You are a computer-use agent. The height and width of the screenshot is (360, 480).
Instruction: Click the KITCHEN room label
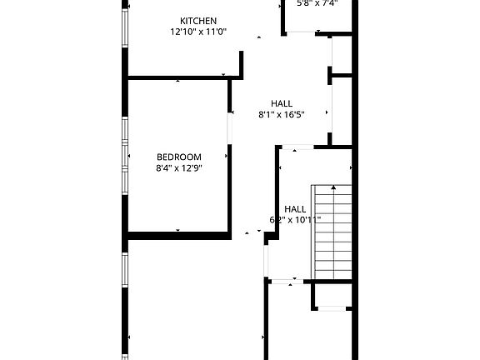(198, 21)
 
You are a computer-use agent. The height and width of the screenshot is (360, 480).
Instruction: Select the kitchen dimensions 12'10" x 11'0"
(198, 32)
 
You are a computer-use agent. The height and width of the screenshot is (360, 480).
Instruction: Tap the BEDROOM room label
(179, 157)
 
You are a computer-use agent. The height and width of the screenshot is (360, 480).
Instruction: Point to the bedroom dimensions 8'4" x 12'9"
(179, 167)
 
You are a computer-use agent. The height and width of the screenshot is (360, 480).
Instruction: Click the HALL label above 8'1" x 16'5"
(281, 103)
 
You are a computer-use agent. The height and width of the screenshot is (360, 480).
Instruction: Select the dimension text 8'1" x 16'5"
(281, 115)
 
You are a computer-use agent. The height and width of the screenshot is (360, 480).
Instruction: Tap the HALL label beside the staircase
(295, 209)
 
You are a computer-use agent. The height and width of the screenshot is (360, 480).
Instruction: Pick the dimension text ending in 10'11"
(295, 220)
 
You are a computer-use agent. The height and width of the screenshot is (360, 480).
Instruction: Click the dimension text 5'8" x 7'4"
(317, 3)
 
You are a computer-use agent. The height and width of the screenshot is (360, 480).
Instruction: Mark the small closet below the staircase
(332, 295)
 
